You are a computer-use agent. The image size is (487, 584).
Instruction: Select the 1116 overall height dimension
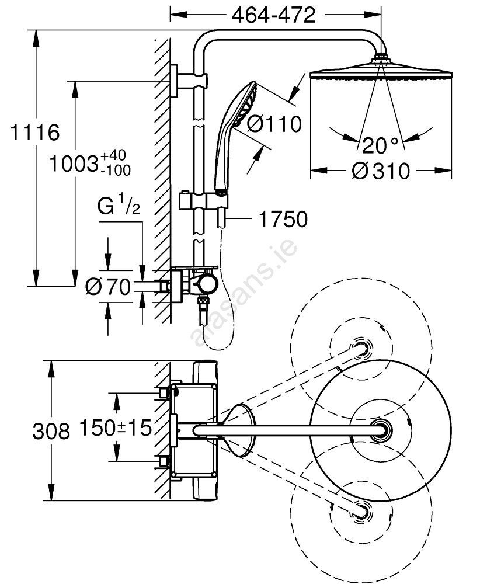point(36,133)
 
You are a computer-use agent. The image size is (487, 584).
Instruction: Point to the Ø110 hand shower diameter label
point(273,124)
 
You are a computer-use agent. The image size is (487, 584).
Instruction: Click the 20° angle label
point(380,144)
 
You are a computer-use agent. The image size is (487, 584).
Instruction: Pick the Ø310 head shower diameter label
point(381,171)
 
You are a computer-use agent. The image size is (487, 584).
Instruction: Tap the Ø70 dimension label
point(108,286)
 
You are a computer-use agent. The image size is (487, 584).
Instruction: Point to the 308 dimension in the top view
point(51,431)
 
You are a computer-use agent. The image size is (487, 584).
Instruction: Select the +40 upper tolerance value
point(113,156)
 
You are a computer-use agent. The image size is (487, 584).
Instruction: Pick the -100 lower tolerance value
point(115,170)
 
